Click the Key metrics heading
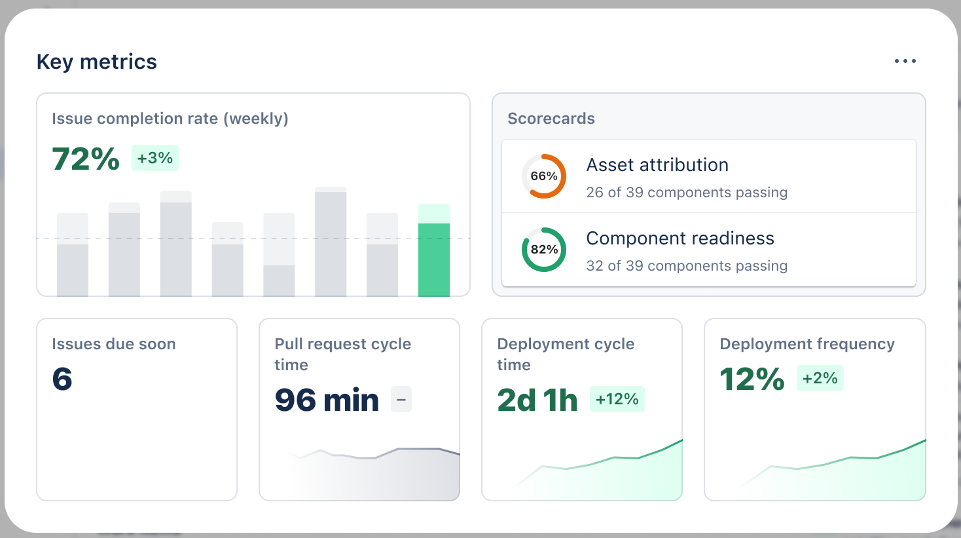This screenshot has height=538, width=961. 97,62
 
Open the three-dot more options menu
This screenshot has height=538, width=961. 905,61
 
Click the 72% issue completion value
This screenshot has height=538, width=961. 86,159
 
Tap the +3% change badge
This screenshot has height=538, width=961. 155,158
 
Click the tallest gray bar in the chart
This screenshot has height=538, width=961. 331,243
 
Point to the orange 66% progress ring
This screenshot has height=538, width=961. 544,176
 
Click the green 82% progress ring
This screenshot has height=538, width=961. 544,250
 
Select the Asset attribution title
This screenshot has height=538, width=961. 657,165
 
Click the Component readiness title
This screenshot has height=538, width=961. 680,239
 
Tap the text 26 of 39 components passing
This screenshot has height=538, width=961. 687,193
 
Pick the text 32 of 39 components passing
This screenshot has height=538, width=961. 687,266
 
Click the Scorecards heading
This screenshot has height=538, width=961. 551,119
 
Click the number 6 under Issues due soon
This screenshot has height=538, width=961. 62,379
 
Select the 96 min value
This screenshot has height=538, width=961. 327,400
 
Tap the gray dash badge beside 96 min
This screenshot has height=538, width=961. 401,399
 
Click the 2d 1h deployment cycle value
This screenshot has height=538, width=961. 537,400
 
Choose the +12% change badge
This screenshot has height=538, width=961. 617,399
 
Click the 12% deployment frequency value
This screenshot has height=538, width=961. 752,379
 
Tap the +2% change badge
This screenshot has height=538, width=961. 820,378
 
